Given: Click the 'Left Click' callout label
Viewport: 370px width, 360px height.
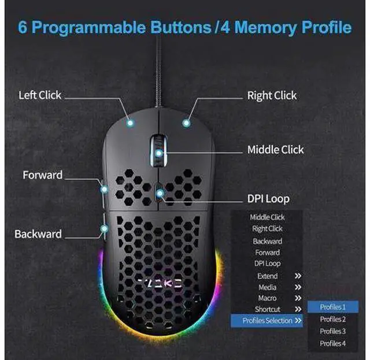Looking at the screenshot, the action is [x=40, y=95].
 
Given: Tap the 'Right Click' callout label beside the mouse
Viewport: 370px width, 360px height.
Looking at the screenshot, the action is [x=272, y=95].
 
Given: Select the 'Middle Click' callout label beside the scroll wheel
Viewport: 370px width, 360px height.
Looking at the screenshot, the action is [x=275, y=150].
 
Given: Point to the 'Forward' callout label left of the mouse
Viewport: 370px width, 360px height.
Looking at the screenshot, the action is [x=42, y=175].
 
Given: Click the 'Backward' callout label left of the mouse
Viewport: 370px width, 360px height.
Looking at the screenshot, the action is [x=38, y=234].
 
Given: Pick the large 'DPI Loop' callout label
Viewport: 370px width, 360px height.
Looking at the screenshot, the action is [x=268, y=199].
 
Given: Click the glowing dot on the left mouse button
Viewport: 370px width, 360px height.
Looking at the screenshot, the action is [x=130, y=123].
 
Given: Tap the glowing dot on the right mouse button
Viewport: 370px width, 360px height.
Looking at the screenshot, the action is [x=186, y=123].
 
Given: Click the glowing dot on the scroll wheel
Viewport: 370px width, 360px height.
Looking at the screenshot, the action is [x=159, y=153].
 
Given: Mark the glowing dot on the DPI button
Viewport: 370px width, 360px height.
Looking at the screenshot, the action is [x=160, y=194].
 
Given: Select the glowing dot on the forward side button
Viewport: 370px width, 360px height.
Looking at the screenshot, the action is [x=104, y=189].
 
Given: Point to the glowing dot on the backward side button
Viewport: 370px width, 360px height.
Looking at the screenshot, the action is [x=104, y=229].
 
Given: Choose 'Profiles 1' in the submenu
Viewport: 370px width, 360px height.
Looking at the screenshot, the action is [x=332, y=307].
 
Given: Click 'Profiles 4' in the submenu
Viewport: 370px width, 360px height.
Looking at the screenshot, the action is [x=332, y=343].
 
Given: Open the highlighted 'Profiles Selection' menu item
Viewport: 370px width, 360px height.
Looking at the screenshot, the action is [x=267, y=321].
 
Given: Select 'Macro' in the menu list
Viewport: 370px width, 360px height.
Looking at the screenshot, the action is [x=267, y=298].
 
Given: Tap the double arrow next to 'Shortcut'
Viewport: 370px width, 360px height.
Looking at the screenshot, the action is [x=298, y=309].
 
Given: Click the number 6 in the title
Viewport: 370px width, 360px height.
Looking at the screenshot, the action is [x=23, y=27].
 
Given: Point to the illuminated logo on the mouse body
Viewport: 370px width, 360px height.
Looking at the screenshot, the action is [x=160, y=283].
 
